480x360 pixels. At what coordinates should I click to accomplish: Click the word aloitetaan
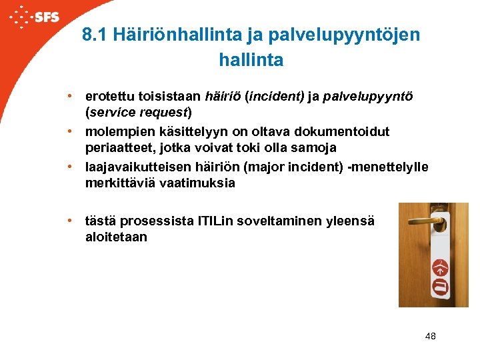point(116,237)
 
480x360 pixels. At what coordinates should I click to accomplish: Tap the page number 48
point(430,336)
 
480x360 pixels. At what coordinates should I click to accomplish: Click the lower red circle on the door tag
point(441,287)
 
